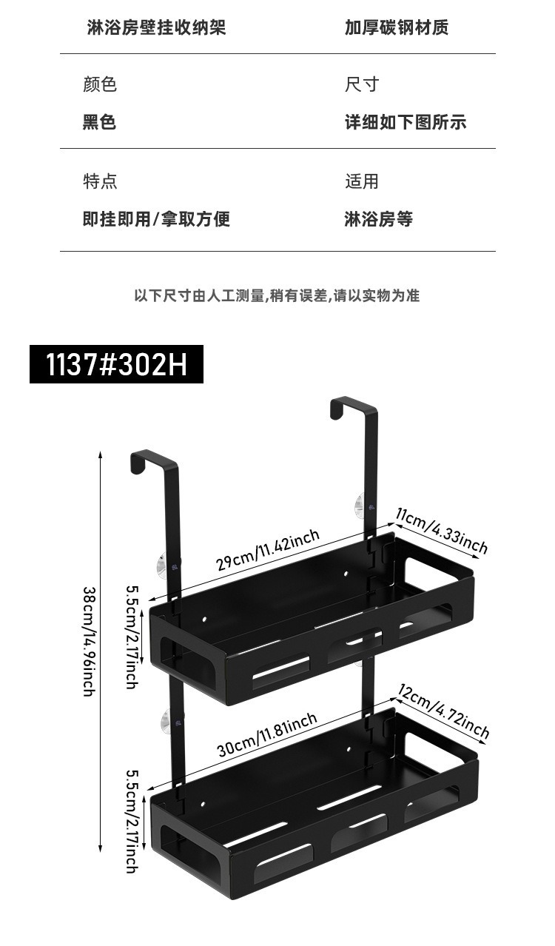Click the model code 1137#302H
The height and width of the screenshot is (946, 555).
coord(116,364)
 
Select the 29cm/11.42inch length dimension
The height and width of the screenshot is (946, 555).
coord(267,550)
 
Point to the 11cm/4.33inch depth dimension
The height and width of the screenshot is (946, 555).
coord(442,530)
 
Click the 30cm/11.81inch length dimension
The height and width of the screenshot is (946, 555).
coord(267,733)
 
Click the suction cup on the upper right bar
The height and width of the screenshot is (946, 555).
coord(360,506)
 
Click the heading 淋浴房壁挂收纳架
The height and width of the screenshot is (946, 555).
coord(156,28)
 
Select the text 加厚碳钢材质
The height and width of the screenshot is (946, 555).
coord(397,28)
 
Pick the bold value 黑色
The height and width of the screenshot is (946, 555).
coord(99,122)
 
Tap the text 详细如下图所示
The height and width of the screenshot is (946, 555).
coord(406,122)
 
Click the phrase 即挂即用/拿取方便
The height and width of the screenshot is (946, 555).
coord(156,219)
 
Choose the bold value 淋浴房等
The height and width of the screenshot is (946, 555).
coord(378,219)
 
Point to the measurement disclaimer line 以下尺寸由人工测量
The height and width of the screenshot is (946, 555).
coord(277,296)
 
